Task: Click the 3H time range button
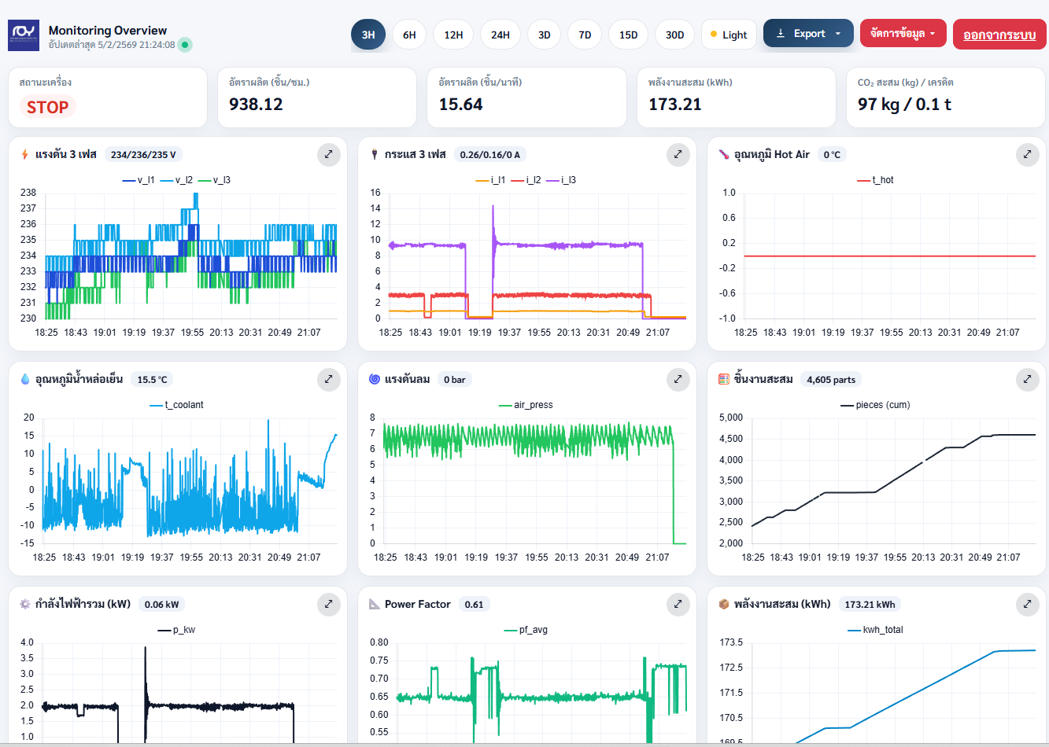[368, 35]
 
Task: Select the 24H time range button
[500, 35]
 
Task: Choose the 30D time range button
[674, 35]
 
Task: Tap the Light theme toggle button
[728, 35]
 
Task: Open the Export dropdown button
[808, 34]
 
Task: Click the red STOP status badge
[47, 107]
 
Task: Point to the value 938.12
[256, 105]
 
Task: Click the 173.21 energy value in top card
[674, 105]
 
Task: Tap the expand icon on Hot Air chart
[1027, 155]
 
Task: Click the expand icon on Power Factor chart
[678, 605]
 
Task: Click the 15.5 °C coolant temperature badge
[152, 380]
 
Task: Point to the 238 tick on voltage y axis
[28, 193]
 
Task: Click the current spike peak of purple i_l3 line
[493, 207]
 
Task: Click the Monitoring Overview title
[108, 31]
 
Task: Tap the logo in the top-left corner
[24, 35]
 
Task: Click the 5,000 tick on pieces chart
[730, 418]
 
